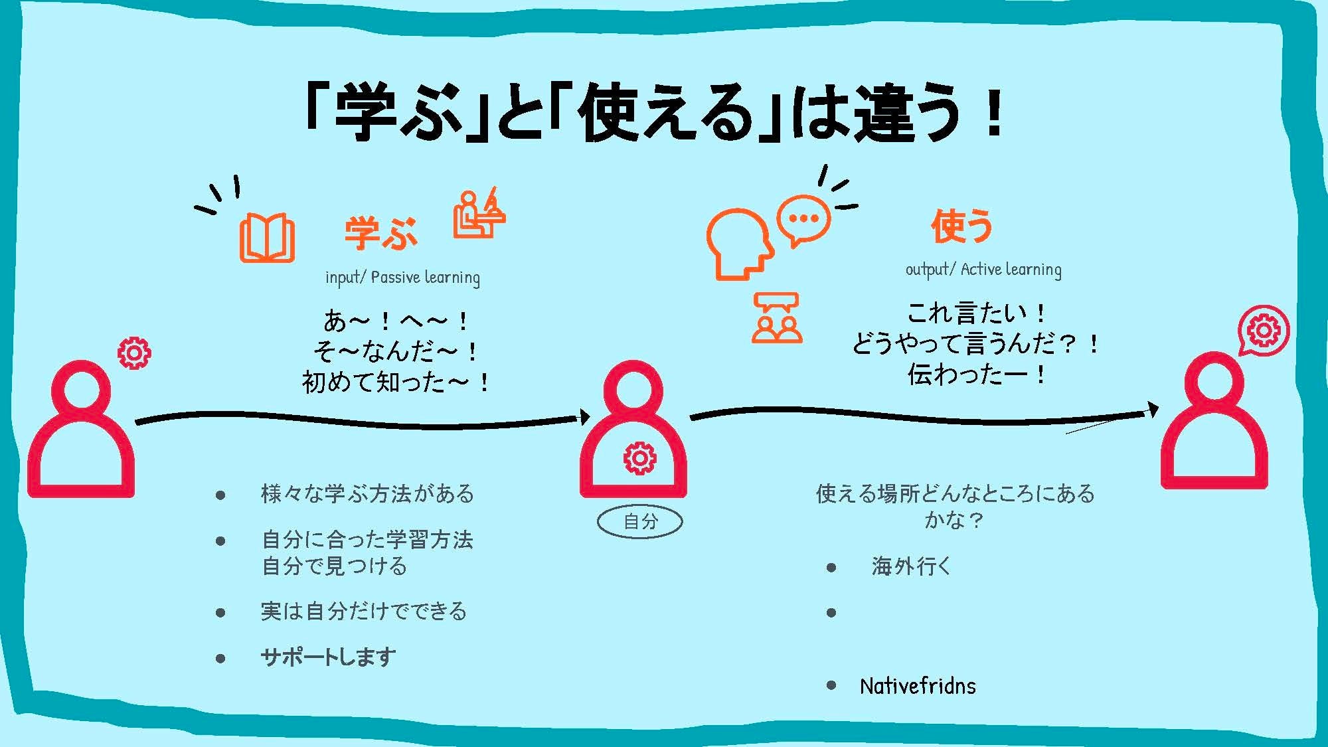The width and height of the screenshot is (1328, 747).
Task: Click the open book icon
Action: pos(267,237)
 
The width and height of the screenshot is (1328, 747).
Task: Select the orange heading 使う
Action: pos(961,226)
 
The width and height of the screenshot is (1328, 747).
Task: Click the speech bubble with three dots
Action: pos(803,220)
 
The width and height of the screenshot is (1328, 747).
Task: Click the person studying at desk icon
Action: pos(479,214)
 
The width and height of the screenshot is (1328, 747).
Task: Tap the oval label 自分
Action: pos(640,522)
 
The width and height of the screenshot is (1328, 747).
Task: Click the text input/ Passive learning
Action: pos(402,277)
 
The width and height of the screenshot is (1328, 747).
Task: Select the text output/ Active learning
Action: pos(983,269)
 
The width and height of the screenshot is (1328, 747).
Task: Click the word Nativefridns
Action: pos(918,686)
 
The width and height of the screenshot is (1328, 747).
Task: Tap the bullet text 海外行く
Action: pos(912,566)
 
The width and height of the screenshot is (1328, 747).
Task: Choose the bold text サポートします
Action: pos(328,657)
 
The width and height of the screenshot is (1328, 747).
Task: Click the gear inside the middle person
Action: pos(639,458)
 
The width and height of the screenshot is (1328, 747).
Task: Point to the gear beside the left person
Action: pos(134,353)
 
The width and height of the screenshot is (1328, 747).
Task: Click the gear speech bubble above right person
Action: pos(1263,331)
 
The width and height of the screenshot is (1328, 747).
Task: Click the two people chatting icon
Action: pos(776,318)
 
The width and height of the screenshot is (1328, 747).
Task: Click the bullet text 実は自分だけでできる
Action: pos(364,611)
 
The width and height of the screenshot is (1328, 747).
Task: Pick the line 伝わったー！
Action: pos(977,374)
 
